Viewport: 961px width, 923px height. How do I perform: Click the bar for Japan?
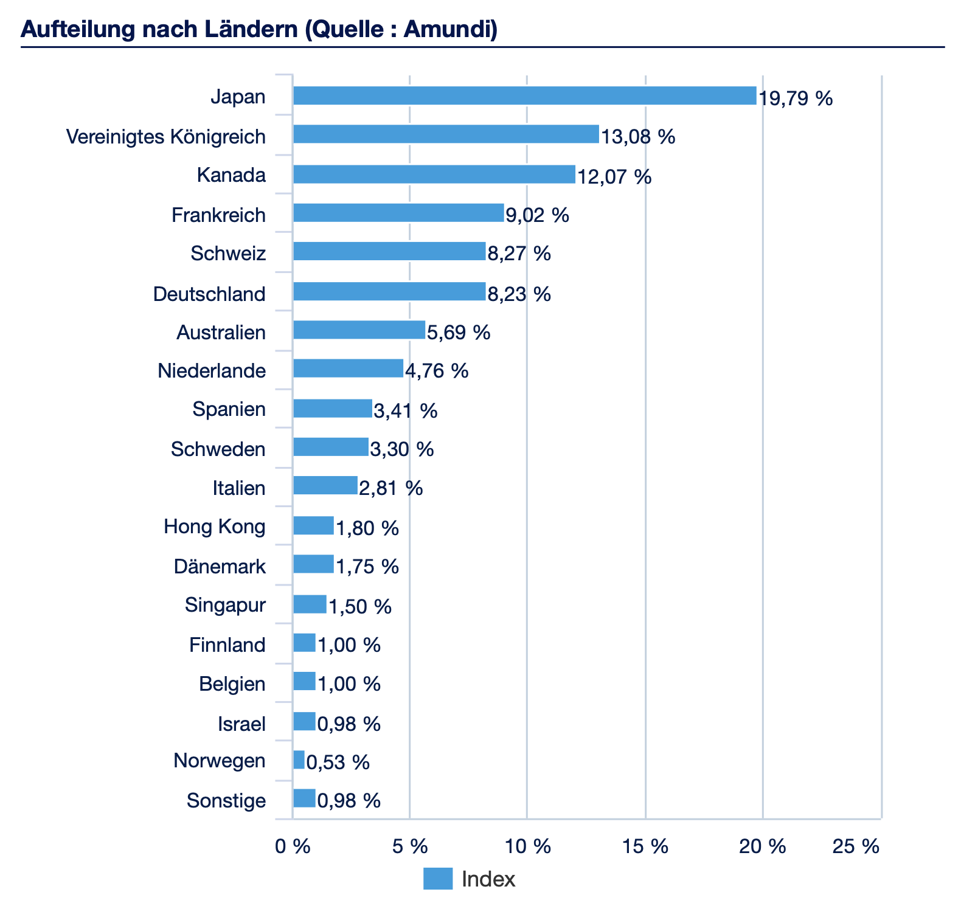[x=524, y=95]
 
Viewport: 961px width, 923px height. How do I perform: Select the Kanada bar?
[x=434, y=175]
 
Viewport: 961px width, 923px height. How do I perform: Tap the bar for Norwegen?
[x=299, y=760]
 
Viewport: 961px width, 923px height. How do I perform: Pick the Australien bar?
[x=359, y=330]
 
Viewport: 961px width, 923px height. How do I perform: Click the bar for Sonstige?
[x=304, y=798]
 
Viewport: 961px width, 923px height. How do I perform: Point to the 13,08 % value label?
[x=638, y=136]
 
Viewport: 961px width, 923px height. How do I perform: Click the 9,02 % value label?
[x=537, y=215]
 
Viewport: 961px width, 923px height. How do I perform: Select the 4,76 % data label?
[x=436, y=370]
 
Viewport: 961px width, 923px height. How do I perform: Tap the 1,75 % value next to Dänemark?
[x=367, y=567]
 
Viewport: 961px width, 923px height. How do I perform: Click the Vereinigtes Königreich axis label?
[x=166, y=137]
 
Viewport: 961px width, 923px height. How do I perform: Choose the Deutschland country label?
[x=209, y=294]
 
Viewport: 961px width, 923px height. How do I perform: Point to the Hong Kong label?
[x=215, y=527]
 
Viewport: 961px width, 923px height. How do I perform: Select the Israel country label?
[x=241, y=724]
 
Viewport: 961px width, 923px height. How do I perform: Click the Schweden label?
[x=218, y=449]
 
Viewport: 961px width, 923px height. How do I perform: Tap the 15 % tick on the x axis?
[x=645, y=846]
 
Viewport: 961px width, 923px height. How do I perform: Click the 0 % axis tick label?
[x=293, y=846]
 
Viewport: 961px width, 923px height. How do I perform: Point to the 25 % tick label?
[x=856, y=846]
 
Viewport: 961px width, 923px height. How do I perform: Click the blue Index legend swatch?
[x=438, y=879]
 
